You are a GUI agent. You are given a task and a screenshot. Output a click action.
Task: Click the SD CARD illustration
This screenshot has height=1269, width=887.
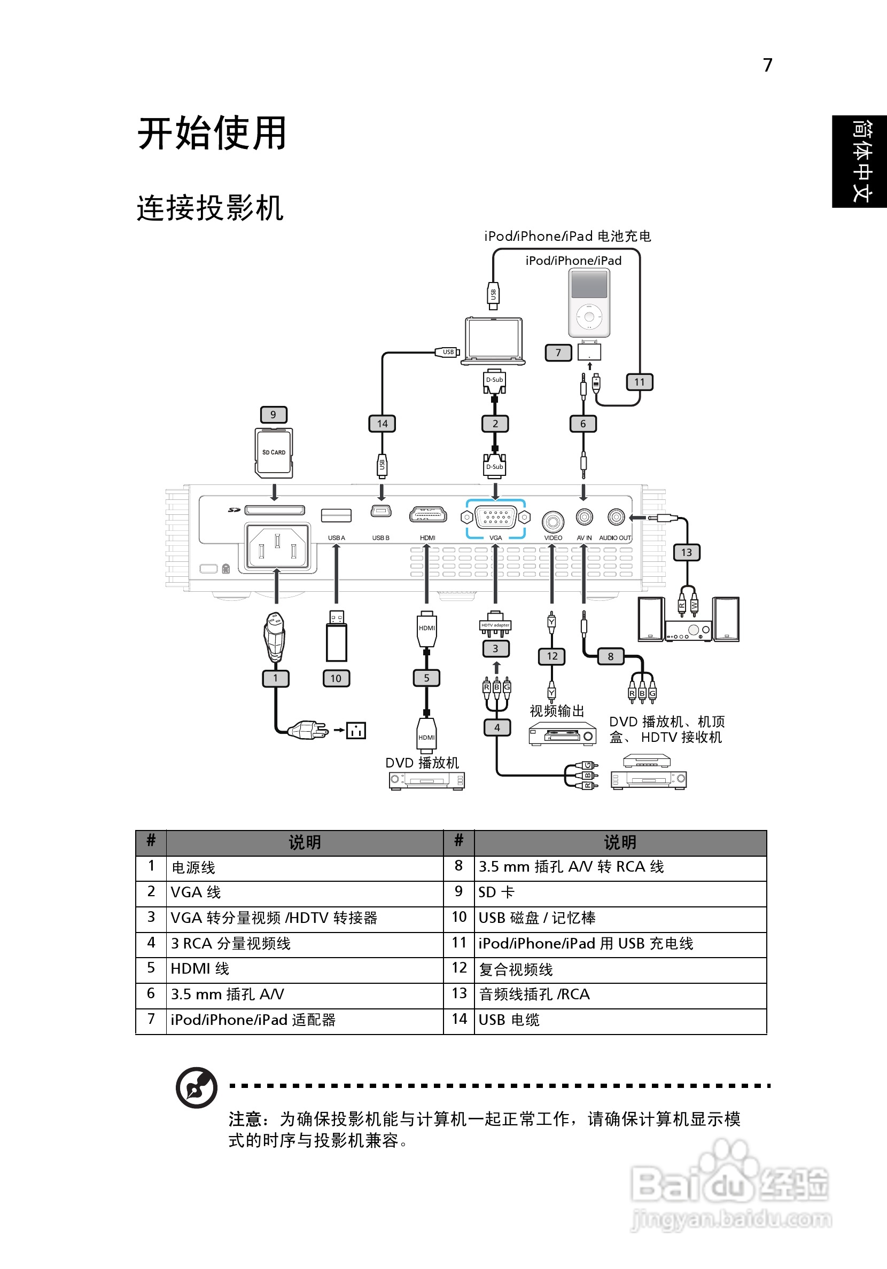[274, 453]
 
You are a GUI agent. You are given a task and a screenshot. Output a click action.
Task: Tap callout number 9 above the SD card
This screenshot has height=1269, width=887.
[273, 414]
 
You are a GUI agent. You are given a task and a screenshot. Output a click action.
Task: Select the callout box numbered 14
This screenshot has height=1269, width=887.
[382, 424]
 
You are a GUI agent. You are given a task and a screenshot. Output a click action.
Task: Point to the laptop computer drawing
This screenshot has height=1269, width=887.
[494, 340]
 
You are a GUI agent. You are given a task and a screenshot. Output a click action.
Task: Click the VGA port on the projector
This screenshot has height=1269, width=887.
[495, 518]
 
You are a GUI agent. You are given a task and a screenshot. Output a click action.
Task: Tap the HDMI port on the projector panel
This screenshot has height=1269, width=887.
[427, 515]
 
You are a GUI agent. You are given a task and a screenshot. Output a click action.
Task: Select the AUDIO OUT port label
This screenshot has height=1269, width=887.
[615, 538]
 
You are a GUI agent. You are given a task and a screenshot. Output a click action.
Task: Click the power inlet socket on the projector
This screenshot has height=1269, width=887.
[277, 546]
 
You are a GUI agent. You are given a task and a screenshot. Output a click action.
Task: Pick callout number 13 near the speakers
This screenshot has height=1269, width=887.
[686, 552]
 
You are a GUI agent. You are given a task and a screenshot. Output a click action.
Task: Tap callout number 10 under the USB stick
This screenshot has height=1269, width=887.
[336, 678]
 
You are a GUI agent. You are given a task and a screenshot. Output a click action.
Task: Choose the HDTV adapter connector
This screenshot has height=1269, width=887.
[495, 625]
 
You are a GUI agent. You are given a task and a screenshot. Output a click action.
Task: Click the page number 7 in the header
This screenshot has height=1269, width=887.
[767, 65]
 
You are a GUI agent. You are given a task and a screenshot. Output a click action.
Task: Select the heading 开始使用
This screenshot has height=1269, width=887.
[212, 133]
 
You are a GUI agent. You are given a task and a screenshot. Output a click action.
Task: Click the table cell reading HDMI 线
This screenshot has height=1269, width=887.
[200, 969]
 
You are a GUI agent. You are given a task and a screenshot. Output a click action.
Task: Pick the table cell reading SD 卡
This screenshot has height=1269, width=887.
[496, 892]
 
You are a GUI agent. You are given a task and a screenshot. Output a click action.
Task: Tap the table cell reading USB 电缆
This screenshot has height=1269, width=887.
[509, 1020]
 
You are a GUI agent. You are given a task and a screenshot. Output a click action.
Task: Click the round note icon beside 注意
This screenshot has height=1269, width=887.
[196, 1088]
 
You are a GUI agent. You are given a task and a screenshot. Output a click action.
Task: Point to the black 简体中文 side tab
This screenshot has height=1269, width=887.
[859, 161]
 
